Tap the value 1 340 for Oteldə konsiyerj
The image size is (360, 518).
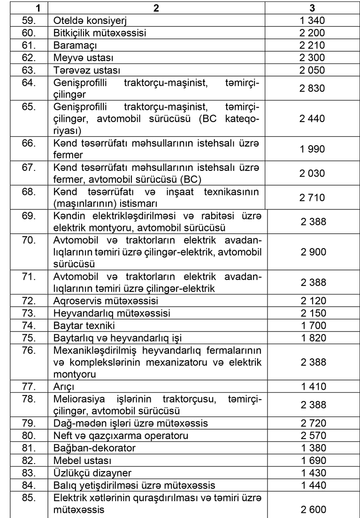coord(312,21)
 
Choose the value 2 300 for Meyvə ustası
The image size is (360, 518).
coord(312,59)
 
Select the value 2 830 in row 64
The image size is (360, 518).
coord(312,90)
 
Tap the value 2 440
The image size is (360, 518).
coord(312,121)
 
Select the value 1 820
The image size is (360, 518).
coord(312,337)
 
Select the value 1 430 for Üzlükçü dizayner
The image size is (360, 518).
coord(312,473)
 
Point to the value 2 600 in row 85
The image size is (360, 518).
coord(312,508)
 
